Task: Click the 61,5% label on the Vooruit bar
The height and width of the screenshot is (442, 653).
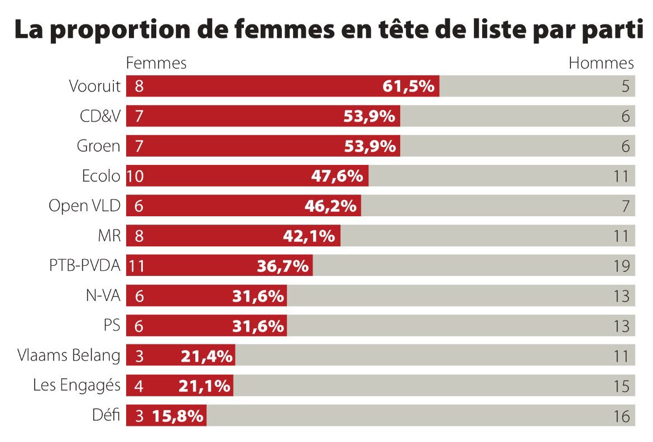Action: click(409, 86)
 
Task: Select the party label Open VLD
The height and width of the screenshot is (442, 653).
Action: click(84, 206)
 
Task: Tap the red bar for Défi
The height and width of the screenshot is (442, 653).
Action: click(166, 416)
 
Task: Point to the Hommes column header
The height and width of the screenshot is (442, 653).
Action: click(601, 63)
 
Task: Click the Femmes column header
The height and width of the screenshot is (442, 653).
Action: click(156, 63)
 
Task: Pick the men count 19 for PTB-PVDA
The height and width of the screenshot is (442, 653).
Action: click(621, 266)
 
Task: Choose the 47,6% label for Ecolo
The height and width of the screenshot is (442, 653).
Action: click(337, 176)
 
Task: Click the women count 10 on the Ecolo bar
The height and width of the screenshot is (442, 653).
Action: click(136, 176)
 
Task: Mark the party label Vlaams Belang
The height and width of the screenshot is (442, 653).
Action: click(69, 356)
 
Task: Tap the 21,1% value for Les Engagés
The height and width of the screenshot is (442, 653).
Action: click(205, 386)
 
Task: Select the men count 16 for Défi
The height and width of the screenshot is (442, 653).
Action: click(621, 416)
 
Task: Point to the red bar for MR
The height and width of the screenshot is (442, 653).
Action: click(233, 236)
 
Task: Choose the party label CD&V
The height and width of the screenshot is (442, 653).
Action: click(100, 116)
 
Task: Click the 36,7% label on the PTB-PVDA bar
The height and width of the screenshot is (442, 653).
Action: click(282, 266)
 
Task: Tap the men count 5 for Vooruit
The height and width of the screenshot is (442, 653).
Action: click(625, 86)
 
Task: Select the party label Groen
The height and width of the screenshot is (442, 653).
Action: click(98, 146)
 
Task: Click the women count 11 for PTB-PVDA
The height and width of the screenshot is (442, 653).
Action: click(136, 266)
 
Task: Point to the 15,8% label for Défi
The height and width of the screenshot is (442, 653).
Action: click(177, 416)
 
